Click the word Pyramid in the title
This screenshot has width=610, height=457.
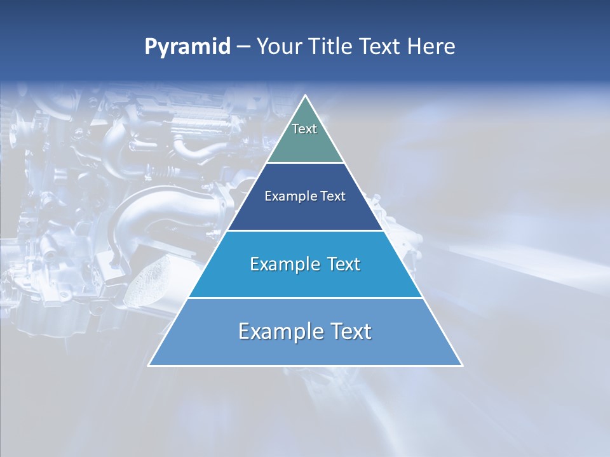(187, 46)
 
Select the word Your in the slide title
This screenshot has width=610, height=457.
(280, 46)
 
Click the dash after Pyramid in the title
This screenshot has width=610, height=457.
(243, 47)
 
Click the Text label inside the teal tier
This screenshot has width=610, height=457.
(304, 129)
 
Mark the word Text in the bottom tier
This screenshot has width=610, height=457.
(351, 331)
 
